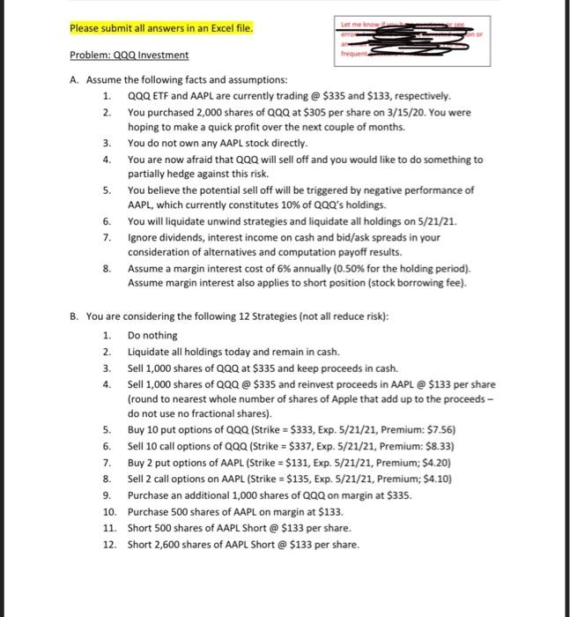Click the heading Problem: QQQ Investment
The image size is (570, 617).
click(129, 55)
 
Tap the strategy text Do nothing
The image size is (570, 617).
click(152, 335)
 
